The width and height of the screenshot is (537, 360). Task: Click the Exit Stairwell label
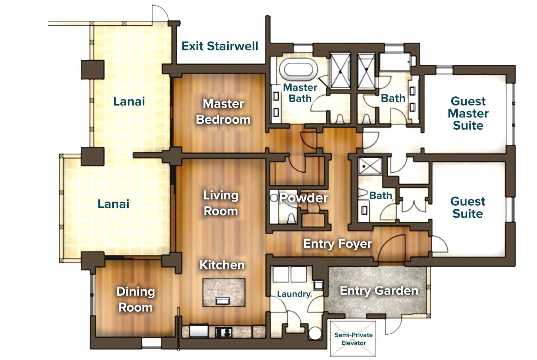219,46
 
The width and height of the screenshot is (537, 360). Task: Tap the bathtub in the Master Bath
298,69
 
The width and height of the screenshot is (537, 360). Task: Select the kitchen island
224,292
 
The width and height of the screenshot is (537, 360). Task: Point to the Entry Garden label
379,291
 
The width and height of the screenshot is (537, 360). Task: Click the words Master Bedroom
223,112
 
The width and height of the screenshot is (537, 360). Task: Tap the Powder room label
304,198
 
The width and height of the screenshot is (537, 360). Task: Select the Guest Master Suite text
468,113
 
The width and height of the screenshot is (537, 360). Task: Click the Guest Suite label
468,207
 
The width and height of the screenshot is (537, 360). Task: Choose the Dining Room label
135,299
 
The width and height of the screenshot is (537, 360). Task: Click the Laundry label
293,294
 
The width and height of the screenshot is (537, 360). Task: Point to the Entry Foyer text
337,244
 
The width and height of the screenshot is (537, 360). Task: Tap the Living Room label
221,203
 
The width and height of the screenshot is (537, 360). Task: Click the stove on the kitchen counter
224,332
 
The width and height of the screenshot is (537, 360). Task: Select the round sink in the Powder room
274,198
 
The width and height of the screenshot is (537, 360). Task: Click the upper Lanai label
129,101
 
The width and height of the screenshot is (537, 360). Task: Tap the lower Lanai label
113,204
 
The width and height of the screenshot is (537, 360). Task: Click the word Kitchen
222,265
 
